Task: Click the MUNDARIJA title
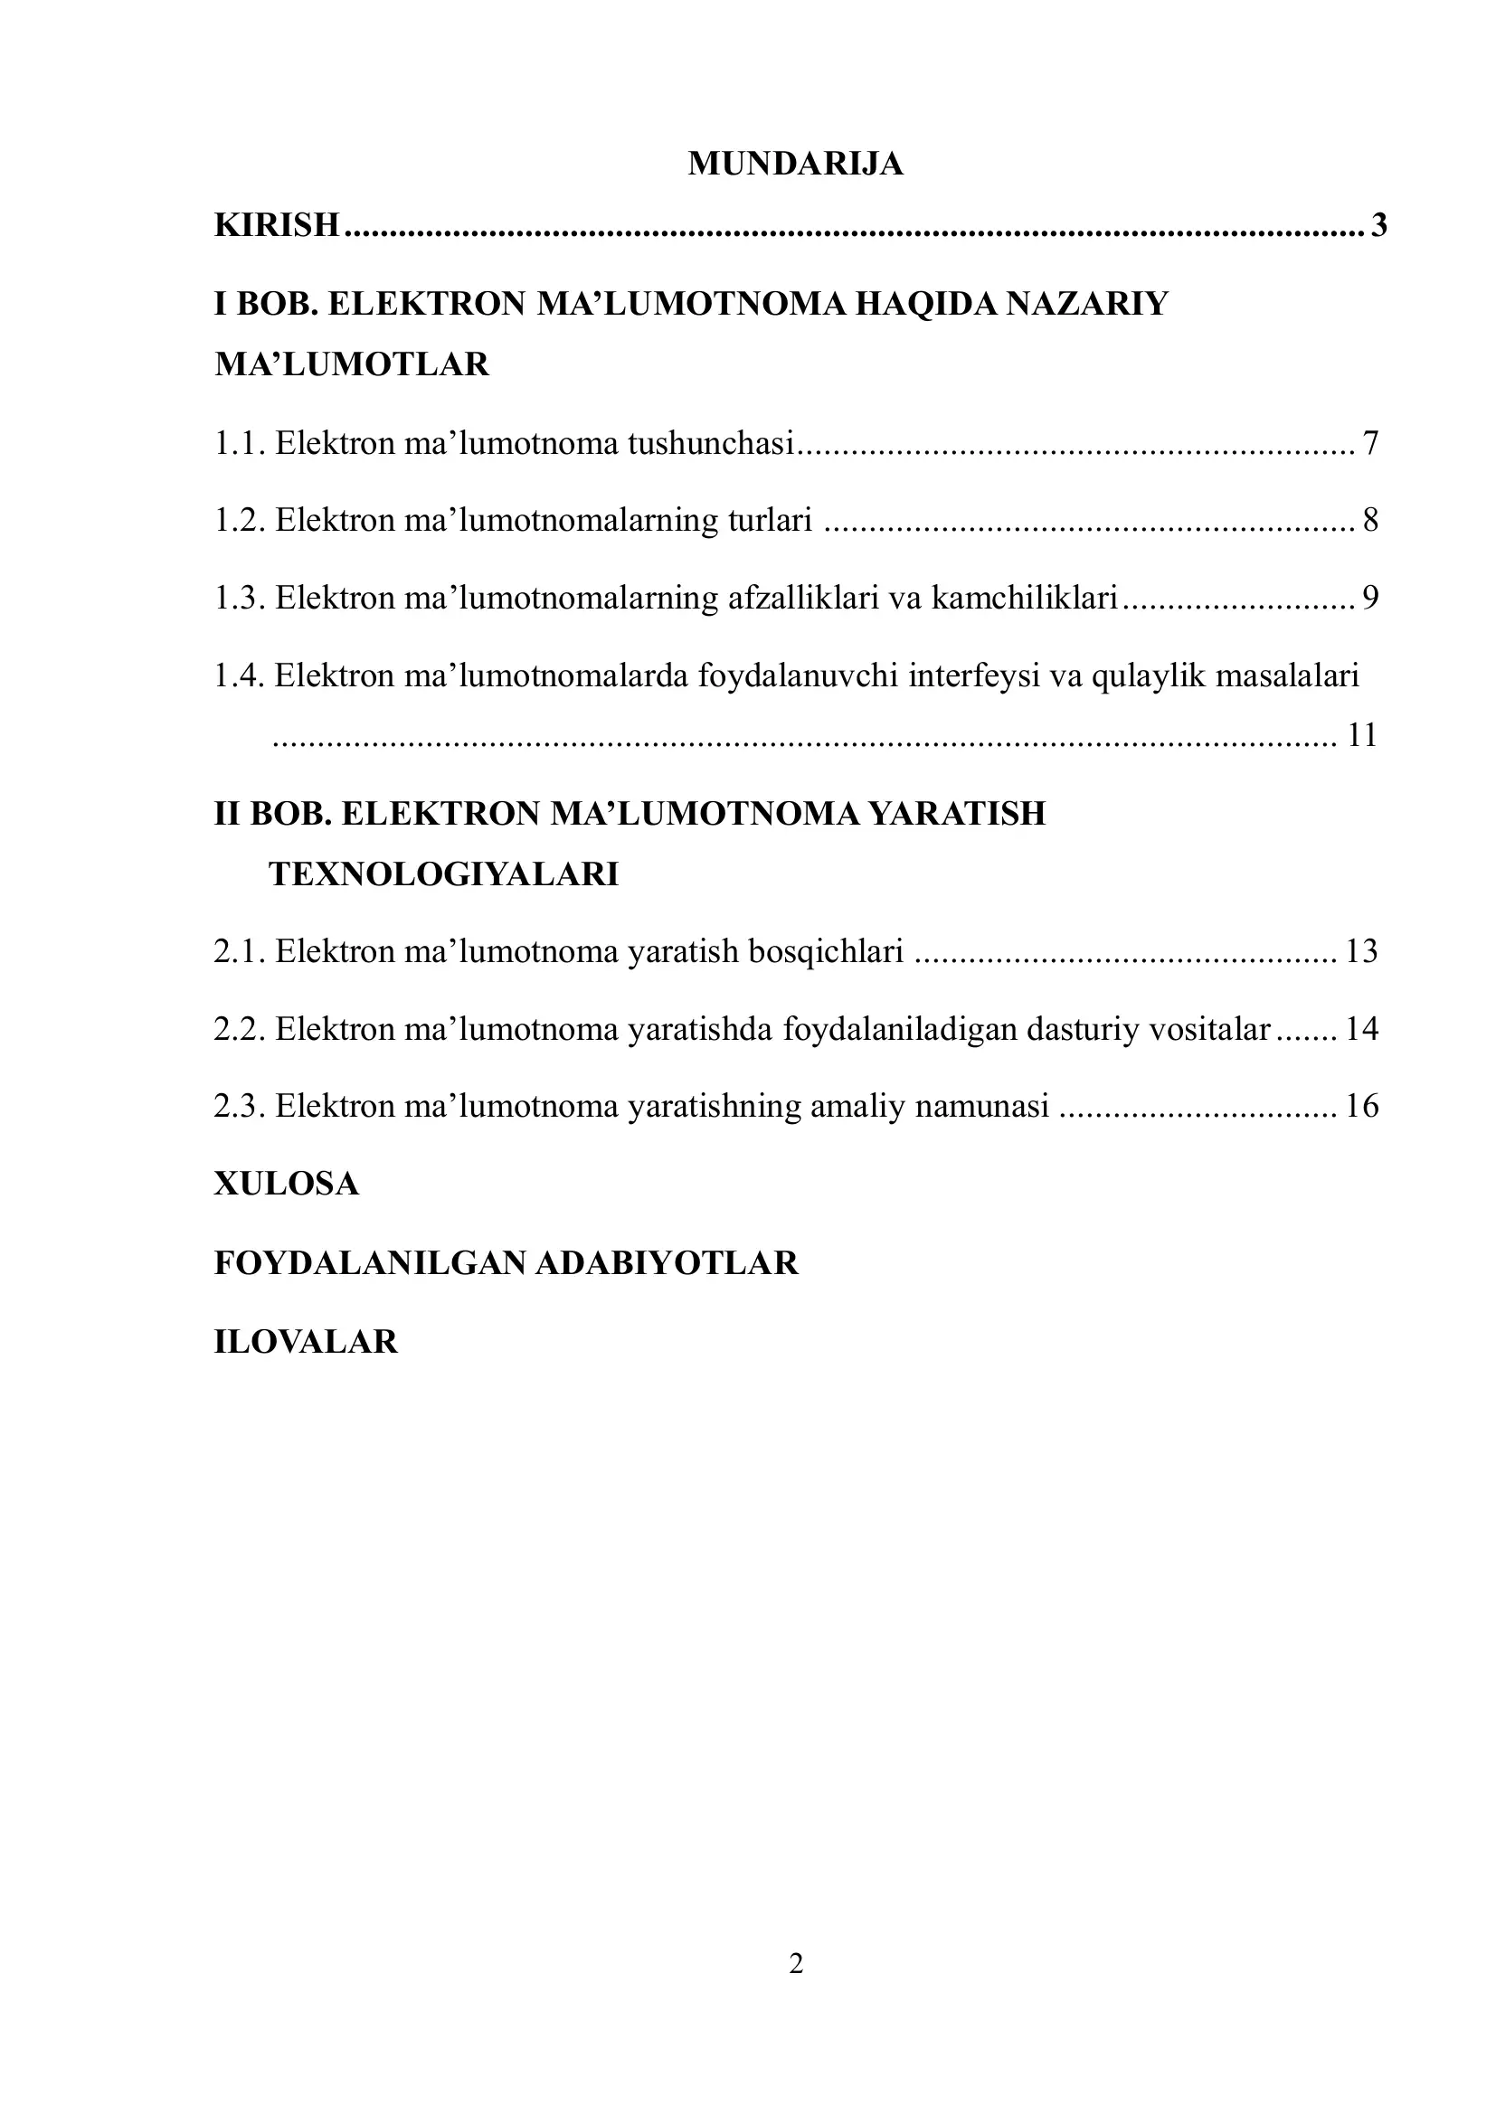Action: click(795, 164)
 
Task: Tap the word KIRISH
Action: click(277, 225)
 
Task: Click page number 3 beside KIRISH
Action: click(1378, 225)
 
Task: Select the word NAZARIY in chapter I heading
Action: click(1086, 304)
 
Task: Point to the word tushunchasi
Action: click(710, 444)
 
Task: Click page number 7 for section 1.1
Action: click(1369, 444)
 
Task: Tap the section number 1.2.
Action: click(240, 521)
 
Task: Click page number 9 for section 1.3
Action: click(1369, 599)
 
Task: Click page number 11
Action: click(1361, 735)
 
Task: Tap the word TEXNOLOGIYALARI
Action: click(443, 874)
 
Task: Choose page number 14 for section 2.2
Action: click(1361, 1028)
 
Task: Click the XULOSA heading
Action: click(287, 1184)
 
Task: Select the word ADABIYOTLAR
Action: click(666, 1263)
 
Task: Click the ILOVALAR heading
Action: click(306, 1341)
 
